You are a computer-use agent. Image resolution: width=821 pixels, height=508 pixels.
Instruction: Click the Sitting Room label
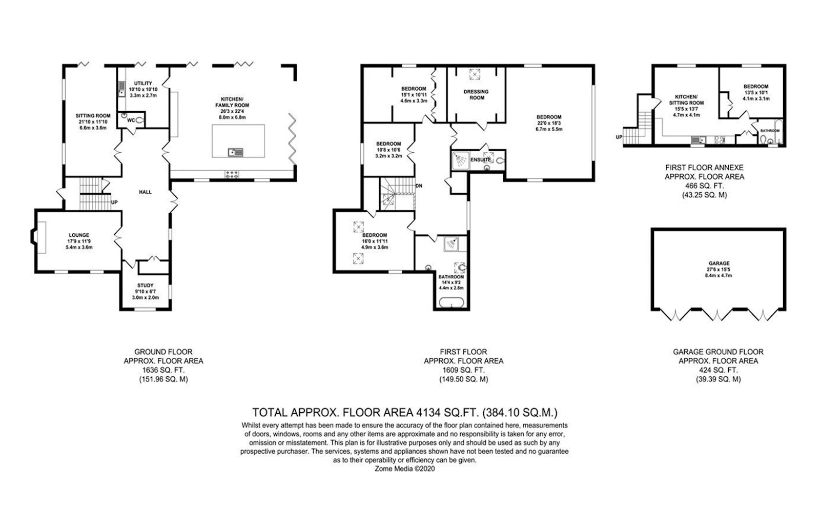point(93,116)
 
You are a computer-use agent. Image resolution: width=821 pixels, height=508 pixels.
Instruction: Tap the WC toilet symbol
point(140,120)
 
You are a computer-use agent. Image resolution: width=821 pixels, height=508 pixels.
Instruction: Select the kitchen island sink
point(235,152)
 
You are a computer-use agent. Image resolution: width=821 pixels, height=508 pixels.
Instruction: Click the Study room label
point(146,286)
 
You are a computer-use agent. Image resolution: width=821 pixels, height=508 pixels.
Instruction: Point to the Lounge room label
point(79,235)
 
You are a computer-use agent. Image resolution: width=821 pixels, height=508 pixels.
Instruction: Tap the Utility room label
point(143,84)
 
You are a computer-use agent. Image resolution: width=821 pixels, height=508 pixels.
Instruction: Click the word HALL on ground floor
point(145,192)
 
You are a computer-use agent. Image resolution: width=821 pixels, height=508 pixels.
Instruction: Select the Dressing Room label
point(477,94)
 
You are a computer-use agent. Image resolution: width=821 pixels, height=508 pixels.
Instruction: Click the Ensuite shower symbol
point(460,160)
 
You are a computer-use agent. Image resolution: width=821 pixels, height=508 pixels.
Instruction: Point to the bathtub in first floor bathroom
point(451,302)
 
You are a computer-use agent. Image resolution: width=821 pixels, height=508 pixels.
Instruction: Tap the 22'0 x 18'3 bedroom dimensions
point(549,123)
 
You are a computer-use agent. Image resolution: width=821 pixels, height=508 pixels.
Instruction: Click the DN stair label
point(419,186)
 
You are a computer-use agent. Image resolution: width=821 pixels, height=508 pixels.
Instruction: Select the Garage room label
point(719,263)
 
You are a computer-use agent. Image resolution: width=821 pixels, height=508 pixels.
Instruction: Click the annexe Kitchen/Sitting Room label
point(687,100)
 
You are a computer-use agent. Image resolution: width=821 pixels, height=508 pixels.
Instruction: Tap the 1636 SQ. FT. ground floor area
point(163,370)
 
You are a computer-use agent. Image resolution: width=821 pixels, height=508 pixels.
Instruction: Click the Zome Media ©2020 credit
point(405,469)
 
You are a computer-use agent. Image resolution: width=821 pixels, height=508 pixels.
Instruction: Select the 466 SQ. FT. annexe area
point(705,186)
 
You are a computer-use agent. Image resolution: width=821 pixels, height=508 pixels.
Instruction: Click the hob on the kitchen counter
point(232,174)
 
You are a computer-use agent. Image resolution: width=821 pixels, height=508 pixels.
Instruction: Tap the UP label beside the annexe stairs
point(619,137)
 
